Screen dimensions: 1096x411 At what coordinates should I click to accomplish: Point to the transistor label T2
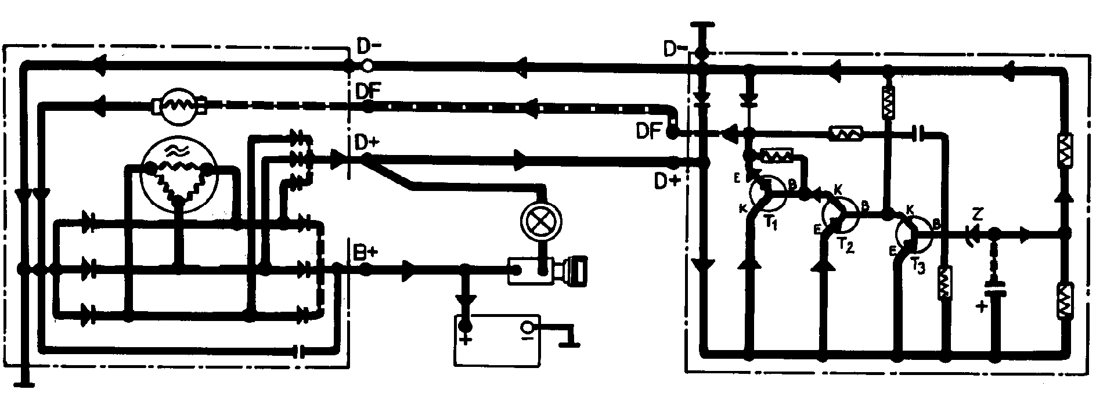tap(846, 246)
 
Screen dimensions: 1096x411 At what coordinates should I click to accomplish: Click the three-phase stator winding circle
tap(179, 178)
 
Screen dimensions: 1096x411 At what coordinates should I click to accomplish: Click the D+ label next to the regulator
tap(667, 182)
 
